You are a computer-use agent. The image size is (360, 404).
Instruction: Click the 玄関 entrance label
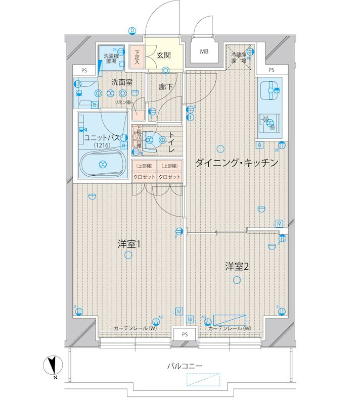[163, 54]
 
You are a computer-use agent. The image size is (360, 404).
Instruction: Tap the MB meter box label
[204, 52]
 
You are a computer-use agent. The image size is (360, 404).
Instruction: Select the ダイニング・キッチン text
[236, 163]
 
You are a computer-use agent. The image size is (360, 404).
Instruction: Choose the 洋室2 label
[237, 267]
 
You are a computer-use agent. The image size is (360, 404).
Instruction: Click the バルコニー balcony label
[185, 365]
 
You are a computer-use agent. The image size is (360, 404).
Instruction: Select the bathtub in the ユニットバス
[103, 164]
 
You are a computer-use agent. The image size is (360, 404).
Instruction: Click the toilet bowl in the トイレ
[152, 140]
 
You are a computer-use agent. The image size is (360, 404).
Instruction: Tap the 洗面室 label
[122, 81]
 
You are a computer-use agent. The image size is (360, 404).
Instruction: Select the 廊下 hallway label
[165, 87]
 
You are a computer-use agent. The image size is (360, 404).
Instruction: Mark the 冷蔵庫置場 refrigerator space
[239, 57]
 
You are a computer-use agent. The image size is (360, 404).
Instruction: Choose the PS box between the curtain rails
[185, 334]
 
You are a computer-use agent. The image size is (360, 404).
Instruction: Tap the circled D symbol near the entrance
[132, 30]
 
